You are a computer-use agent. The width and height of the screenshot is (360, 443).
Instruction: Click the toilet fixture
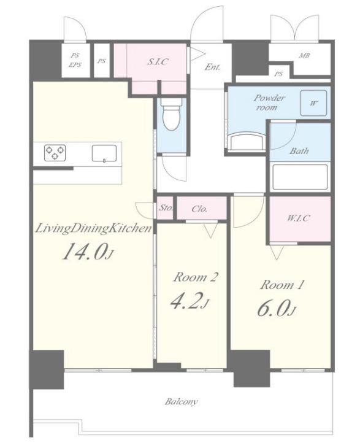point(171,114)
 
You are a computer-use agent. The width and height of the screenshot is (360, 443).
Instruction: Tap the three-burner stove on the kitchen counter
point(55,153)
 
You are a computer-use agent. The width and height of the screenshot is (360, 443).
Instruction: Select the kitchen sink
point(104,153)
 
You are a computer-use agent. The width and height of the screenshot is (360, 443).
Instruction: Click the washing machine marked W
point(313,103)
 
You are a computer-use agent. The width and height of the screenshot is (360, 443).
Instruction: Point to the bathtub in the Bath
point(300,177)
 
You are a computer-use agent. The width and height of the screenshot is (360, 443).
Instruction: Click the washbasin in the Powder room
point(247,142)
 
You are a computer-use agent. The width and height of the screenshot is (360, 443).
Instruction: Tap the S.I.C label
point(158,61)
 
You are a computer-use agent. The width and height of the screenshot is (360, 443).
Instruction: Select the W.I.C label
point(299,218)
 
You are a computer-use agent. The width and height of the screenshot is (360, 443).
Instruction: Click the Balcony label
point(181,401)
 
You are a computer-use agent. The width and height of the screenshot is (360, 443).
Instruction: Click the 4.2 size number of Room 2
point(190,301)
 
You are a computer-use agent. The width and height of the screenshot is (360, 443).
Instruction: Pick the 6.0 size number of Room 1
point(277,308)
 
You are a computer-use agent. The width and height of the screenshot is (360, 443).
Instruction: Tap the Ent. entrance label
point(212,67)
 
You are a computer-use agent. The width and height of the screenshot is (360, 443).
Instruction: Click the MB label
point(304,56)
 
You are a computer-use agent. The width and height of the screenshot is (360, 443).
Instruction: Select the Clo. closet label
point(199,209)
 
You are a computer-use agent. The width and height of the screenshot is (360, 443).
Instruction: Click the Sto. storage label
point(166,208)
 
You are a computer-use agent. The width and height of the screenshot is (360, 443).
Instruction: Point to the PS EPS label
point(75,60)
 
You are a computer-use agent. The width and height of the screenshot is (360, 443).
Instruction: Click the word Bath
point(299,151)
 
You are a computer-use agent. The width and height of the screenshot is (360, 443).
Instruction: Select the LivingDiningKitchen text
point(93,229)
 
